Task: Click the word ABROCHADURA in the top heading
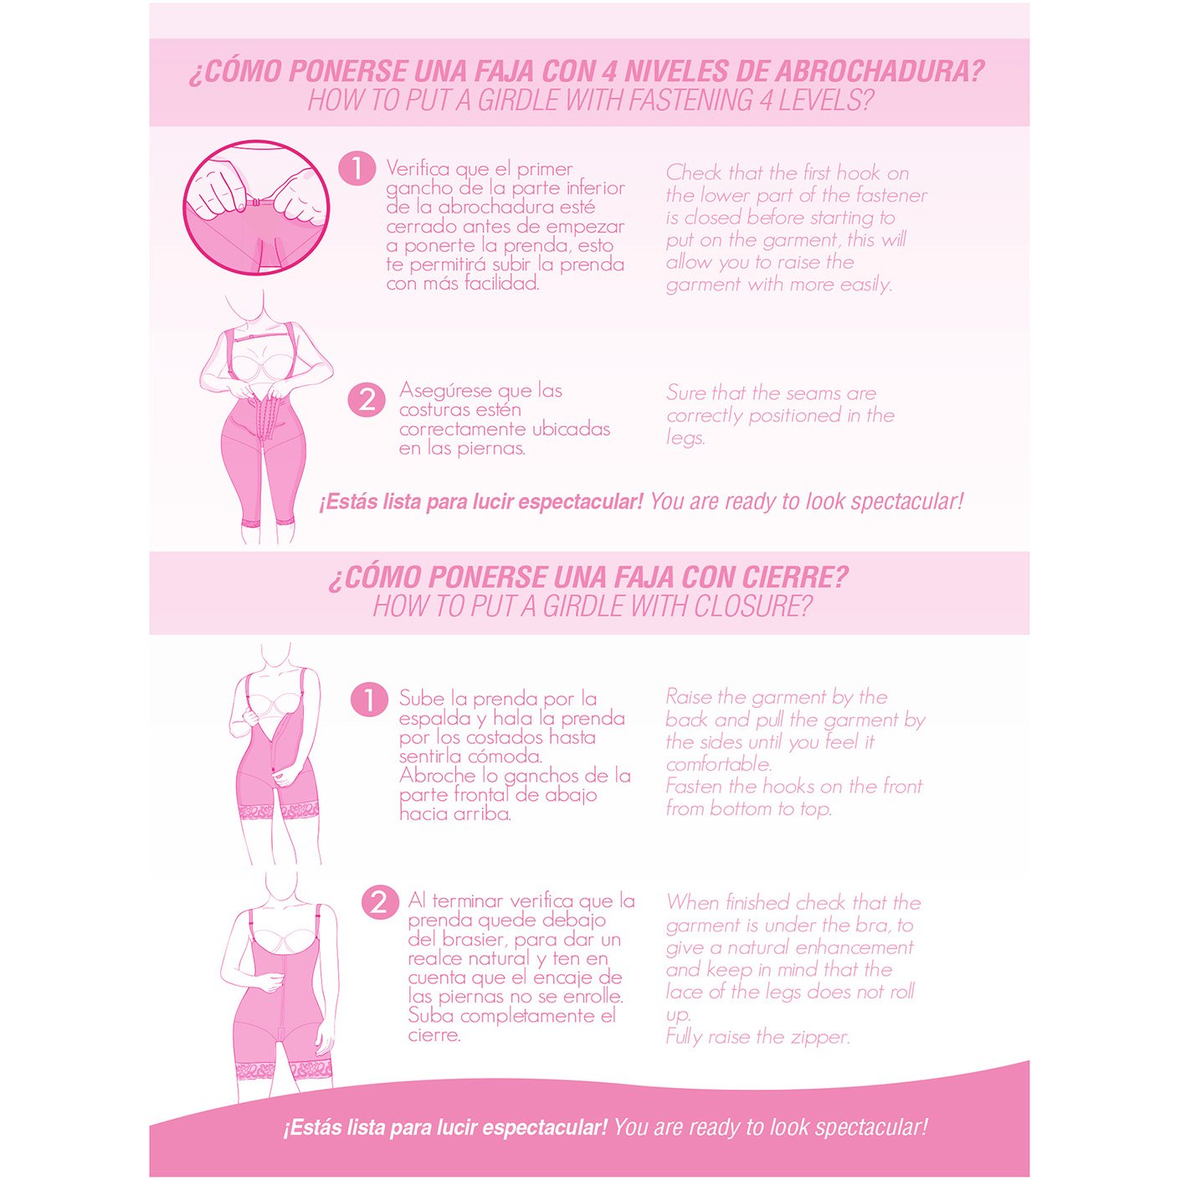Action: (x=880, y=71)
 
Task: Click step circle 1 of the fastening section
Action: (x=357, y=168)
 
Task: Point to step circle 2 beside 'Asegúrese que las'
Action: (x=367, y=401)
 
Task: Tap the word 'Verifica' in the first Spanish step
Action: (x=418, y=168)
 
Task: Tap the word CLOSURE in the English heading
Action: (x=752, y=606)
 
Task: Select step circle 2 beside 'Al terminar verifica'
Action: (x=379, y=903)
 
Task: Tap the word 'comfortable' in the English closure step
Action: (x=719, y=764)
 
